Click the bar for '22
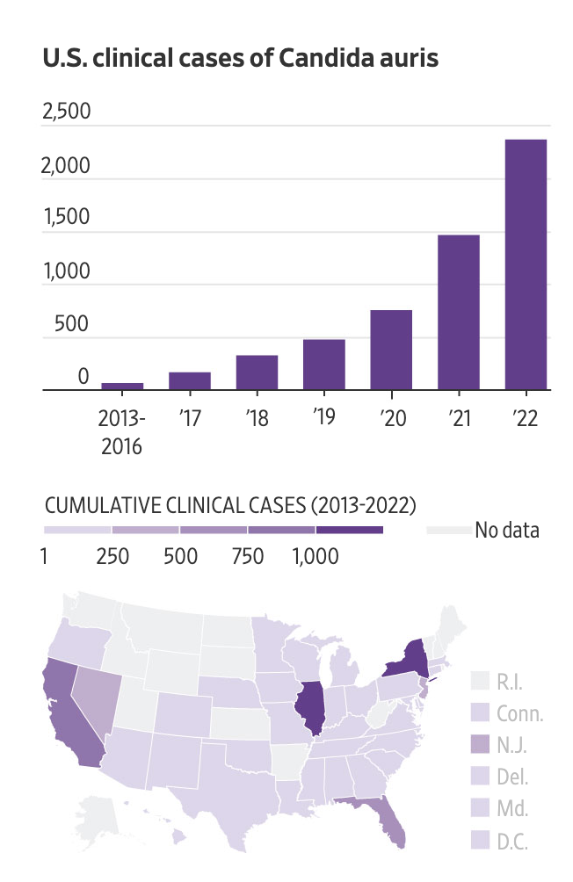(x=526, y=264)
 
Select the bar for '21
(x=458, y=312)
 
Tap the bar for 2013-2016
(x=122, y=386)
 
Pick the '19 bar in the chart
(x=323, y=364)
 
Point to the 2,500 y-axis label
(x=66, y=112)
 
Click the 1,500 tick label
(x=66, y=218)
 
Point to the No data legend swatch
(x=447, y=531)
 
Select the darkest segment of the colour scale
(x=350, y=531)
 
